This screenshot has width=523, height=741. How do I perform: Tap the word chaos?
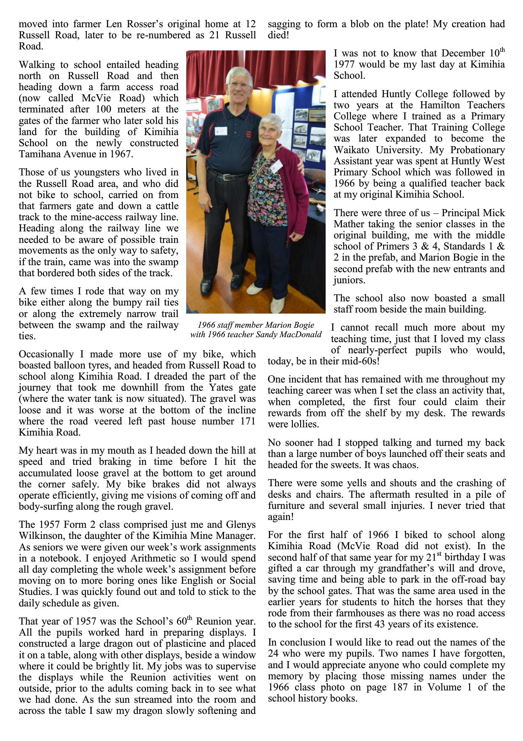[x=407, y=465]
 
